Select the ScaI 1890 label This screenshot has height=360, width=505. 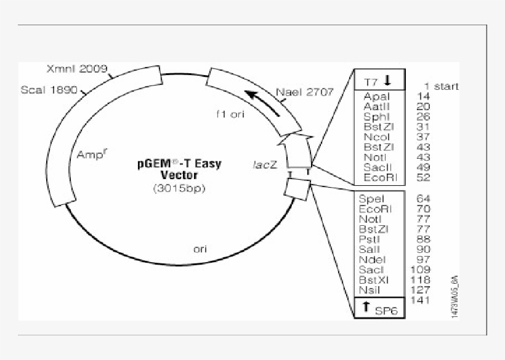coord(49,90)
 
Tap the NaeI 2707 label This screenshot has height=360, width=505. coord(304,92)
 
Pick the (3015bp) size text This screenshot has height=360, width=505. coord(179,188)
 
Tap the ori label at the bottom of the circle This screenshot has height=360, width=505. coord(200,249)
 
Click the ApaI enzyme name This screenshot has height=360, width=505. coord(376,97)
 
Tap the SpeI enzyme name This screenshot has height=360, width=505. coord(372,199)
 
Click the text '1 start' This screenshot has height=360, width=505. coord(441,86)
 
